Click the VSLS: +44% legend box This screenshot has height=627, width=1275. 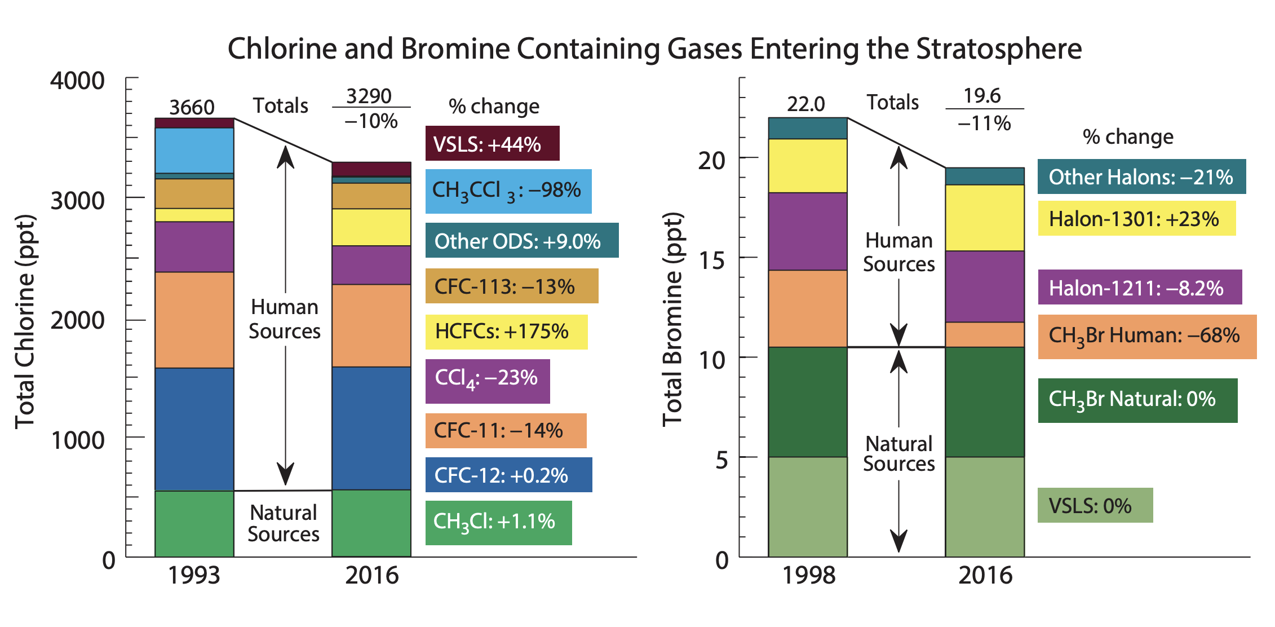pos(492,144)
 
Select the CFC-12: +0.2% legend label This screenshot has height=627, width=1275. pos(508,475)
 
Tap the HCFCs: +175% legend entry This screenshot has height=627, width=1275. pos(506,332)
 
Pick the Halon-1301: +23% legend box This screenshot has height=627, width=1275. pos(1136,219)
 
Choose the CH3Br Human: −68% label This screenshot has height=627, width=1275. pos(1146,336)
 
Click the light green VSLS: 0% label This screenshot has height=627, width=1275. pos(1095,505)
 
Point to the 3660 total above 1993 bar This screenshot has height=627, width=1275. pos(192,107)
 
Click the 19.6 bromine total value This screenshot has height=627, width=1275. pos(982,96)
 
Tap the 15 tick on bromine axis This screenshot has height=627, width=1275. pos(711,260)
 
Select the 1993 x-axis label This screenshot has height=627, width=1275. pos(194,576)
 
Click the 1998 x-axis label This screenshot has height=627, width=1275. pos(808,576)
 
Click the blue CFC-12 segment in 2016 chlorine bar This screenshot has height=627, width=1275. pos(371,429)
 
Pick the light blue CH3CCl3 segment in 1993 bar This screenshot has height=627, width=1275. pos(194,150)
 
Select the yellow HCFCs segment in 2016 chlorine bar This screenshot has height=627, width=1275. pos(371,227)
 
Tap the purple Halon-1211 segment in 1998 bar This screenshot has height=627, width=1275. pos(808,231)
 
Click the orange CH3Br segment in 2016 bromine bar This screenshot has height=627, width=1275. pos(985,334)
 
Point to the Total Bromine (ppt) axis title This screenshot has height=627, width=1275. pos(672,319)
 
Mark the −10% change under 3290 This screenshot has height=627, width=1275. pos(371,121)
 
